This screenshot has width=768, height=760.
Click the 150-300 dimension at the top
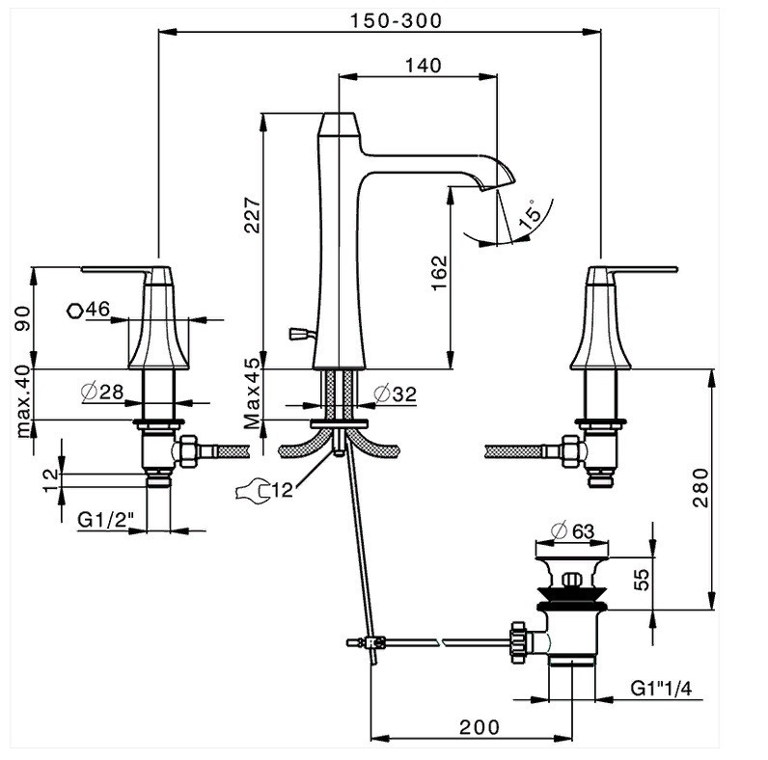coord(396,20)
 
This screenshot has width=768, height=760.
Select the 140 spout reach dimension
coord(424,66)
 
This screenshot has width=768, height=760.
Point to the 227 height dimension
coord(253,215)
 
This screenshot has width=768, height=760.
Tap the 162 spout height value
coord(439,273)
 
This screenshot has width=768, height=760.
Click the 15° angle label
coord(530,214)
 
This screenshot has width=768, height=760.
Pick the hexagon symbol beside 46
coord(74,311)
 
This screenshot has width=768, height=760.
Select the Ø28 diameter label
coord(102,392)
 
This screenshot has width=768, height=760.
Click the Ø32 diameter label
coord(395,394)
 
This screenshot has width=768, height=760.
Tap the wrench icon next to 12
coord(253,490)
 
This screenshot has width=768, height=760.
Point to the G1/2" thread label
coord(106,520)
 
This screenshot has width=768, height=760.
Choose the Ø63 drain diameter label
coord(572,531)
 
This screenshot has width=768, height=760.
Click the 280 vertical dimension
coord(699,488)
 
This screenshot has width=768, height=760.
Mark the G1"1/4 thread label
coord(661,689)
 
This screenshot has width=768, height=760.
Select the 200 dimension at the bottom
coord(480,727)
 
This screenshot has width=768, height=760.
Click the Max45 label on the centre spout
coord(253,394)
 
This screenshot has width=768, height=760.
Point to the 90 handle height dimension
coord(22,318)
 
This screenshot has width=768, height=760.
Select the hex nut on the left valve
coord(186,450)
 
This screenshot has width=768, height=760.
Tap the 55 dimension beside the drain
coord(643,580)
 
